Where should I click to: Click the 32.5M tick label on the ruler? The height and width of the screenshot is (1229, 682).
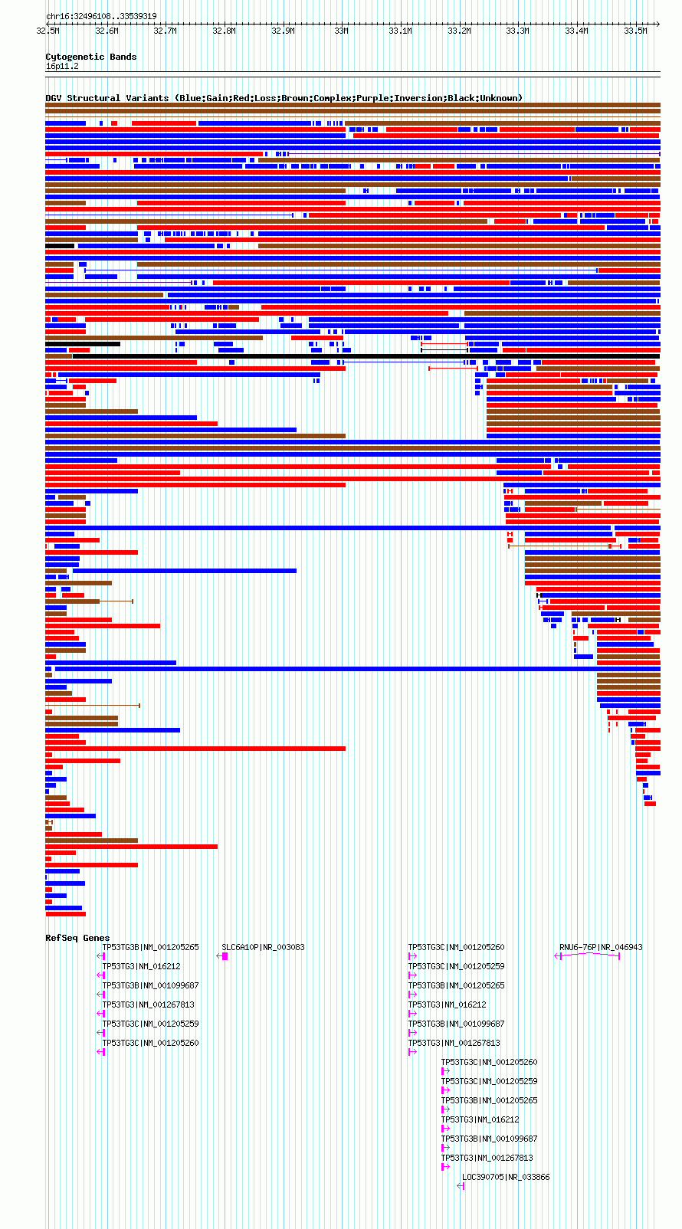[x=48, y=31]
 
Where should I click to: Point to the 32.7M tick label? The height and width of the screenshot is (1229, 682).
[x=166, y=31]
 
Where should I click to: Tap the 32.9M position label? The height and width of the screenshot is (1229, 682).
[x=283, y=31]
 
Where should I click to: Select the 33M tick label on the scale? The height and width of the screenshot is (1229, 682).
[x=341, y=31]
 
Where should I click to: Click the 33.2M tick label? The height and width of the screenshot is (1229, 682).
[x=459, y=31]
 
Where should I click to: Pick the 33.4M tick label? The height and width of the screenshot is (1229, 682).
[x=577, y=31]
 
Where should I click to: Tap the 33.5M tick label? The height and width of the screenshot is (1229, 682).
[x=635, y=31]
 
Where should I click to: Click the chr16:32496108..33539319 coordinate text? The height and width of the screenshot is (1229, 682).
[x=101, y=16]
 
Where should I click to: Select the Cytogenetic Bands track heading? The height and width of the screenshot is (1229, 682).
[x=91, y=57]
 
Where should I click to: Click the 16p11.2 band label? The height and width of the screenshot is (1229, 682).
[x=62, y=67]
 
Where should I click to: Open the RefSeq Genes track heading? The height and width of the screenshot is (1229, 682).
[x=77, y=938]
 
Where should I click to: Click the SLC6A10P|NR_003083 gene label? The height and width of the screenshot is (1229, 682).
[x=263, y=948]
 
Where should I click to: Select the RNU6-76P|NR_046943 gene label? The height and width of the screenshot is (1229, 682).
[x=601, y=948]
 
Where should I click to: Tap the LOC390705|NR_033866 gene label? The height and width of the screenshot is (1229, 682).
[x=505, y=1177]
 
